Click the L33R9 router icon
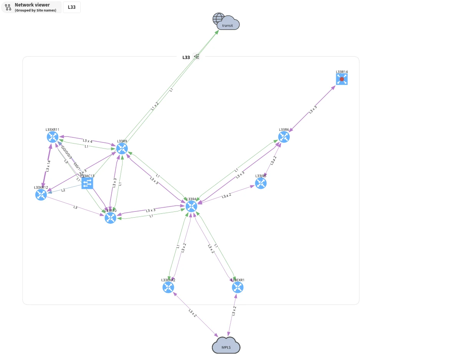pyautogui.click(x=122, y=149)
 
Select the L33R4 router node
pyautogui.click(x=191, y=206)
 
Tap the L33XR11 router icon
pyautogui.click(x=52, y=137)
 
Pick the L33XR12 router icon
pyautogui.click(x=41, y=195)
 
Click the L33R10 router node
pyautogui.click(x=111, y=218)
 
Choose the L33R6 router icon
pyautogui.click(x=284, y=137)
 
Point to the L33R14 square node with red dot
pyautogui.click(x=342, y=79)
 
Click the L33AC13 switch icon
pyautogui.click(x=88, y=183)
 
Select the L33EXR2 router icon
pyautogui.click(x=168, y=287)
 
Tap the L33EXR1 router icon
pyautogui.click(x=238, y=287)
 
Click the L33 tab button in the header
pyautogui.click(x=72, y=7)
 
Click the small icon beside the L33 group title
pyautogui.click(x=196, y=57)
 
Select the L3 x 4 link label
pyautogui.click(x=88, y=141)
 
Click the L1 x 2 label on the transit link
pyautogui.click(x=154, y=106)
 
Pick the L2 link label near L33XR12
pyautogui.click(x=63, y=190)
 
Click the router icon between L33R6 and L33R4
pyautogui.click(x=261, y=183)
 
